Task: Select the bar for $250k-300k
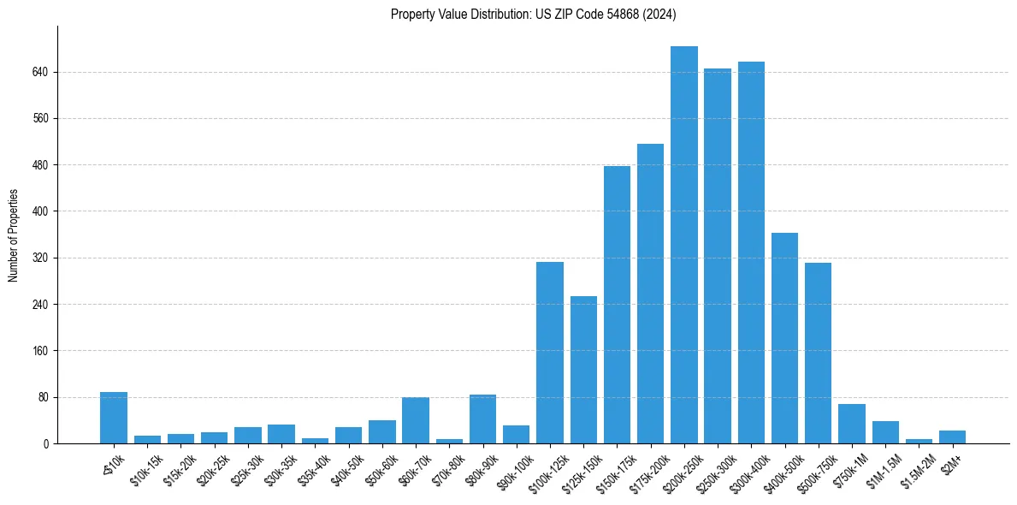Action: [718, 256]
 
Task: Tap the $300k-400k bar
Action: [751, 253]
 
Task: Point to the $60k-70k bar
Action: [416, 420]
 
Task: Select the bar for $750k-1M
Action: [852, 424]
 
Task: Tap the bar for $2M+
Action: [952, 437]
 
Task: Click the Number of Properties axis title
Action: [14, 235]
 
